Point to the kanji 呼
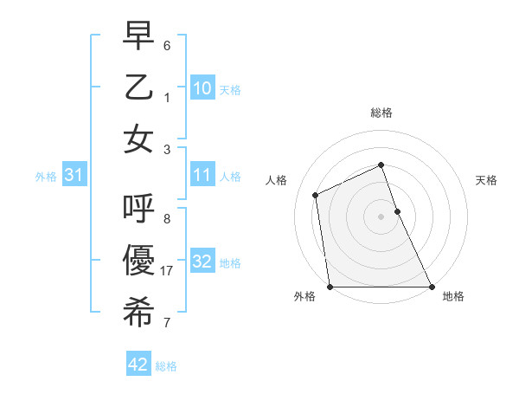(138, 209)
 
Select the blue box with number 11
(202, 176)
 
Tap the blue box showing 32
(202, 262)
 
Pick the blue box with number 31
(74, 176)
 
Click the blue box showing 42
(138, 365)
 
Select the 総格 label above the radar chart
(381, 113)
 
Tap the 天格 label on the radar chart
(486, 180)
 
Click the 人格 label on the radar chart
(277, 180)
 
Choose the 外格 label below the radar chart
(304, 296)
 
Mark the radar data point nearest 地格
(431, 287)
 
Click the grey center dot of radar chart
(381, 216)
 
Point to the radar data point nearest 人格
(316, 195)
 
